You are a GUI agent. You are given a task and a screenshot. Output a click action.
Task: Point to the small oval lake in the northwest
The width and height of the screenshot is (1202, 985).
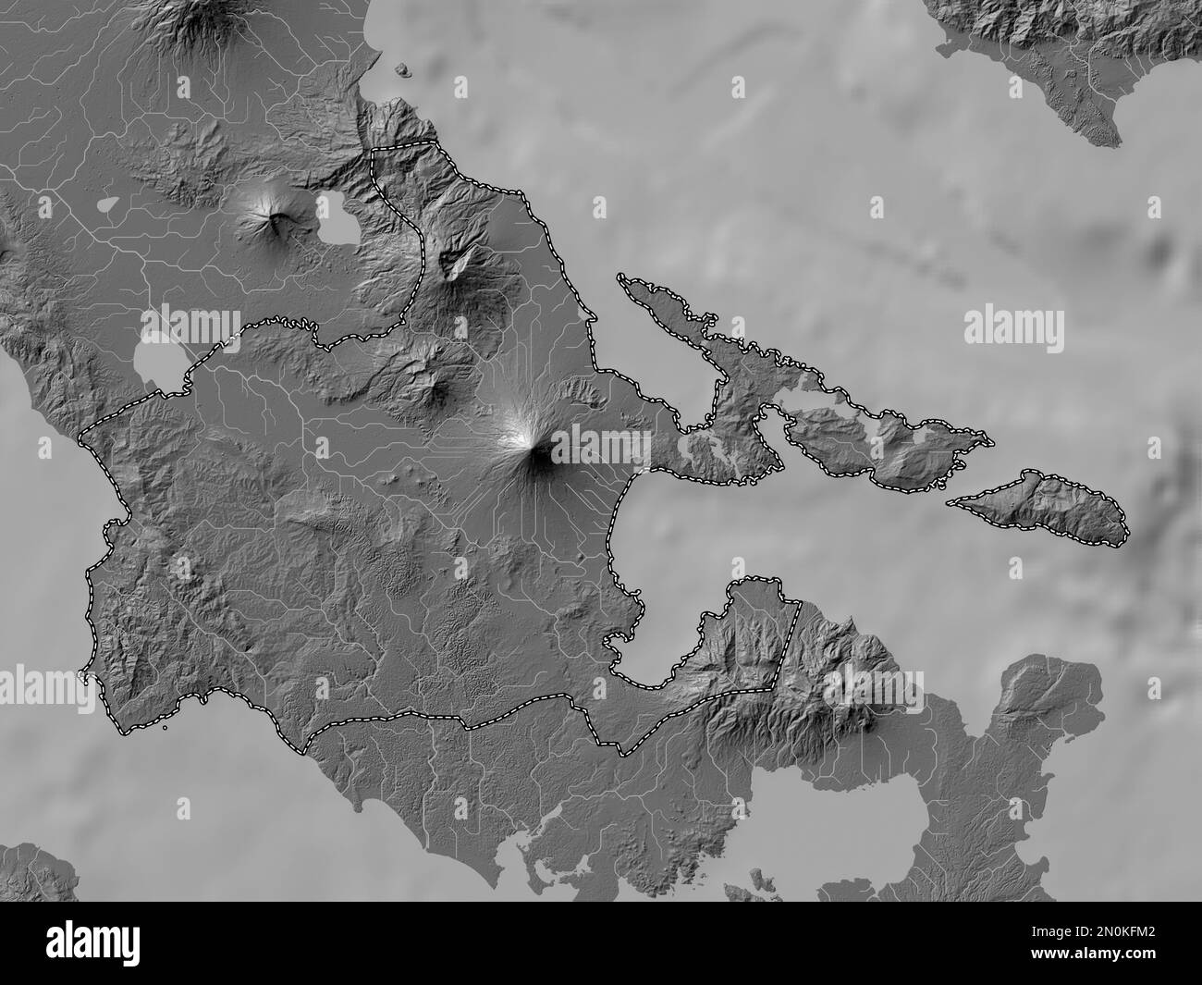click(x=107, y=203)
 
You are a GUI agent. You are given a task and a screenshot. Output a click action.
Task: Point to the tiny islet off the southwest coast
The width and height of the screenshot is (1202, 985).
click(x=164, y=727)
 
